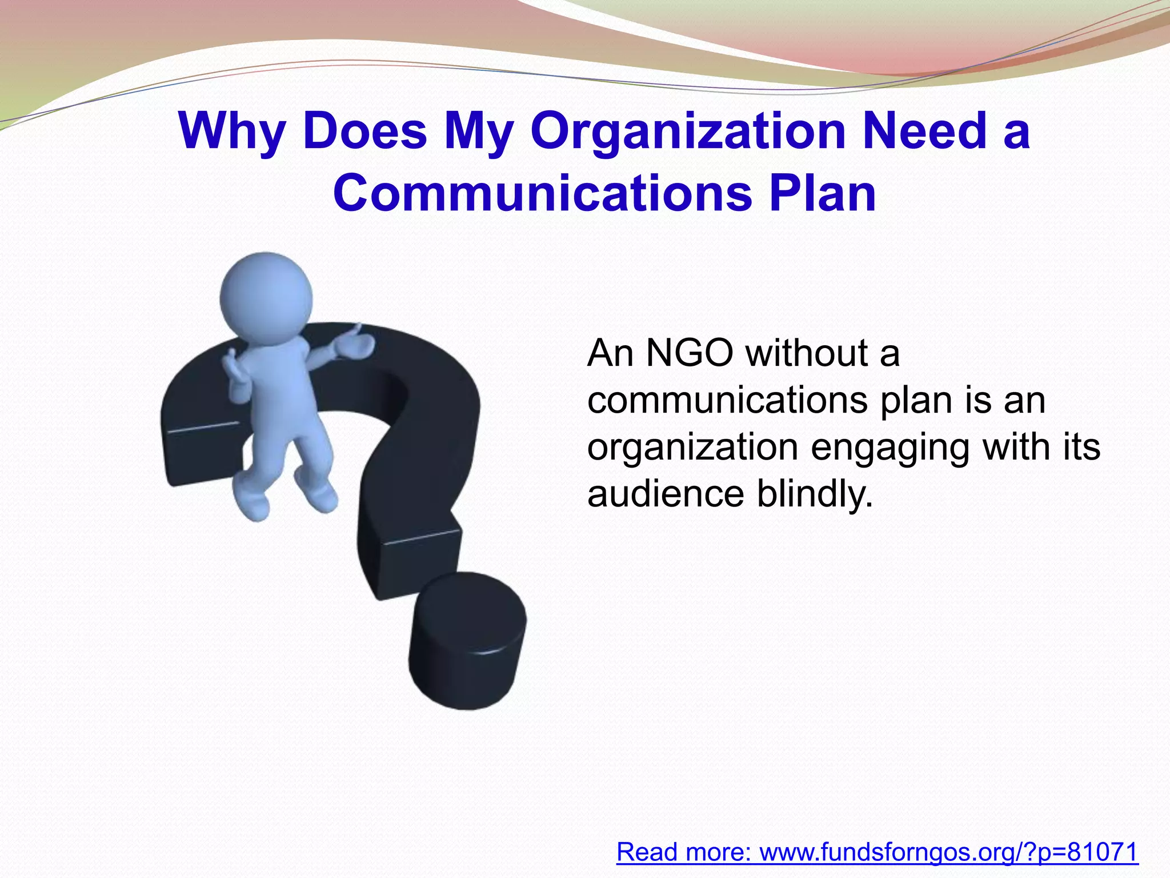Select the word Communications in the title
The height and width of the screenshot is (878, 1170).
(x=542, y=193)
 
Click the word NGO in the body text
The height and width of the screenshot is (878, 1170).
(x=690, y=353)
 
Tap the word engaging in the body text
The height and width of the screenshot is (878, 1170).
(x=890, y=448)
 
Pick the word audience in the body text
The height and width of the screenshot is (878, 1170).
(x=666, y=493)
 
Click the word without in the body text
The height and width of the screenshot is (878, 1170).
(x=807, y=353)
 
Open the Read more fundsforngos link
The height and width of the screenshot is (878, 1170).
(x=877, y=852)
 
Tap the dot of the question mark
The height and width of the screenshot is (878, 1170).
(x=467, y=640)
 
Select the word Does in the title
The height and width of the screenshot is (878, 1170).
(x=365, y=131)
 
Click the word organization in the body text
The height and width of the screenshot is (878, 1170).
(x=692, y=448)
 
